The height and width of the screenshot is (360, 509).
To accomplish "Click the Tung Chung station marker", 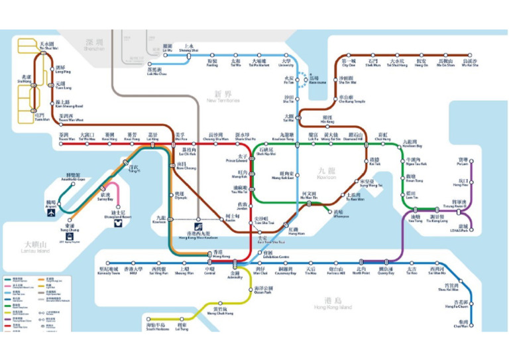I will (x=70, y=221).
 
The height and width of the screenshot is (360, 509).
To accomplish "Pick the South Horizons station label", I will (x=156, y=327).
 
